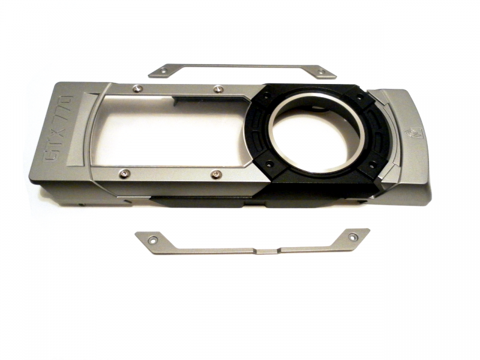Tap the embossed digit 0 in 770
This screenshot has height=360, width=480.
tap(67, 100)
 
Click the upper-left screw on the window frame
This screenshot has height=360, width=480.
tap(137, 89)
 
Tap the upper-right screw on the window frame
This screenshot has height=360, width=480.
tap(218, 89)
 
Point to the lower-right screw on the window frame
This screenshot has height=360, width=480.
tap(216, 175)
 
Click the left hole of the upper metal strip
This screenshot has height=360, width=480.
tap(163, 71)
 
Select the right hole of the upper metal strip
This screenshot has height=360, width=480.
tap(321, 72)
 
